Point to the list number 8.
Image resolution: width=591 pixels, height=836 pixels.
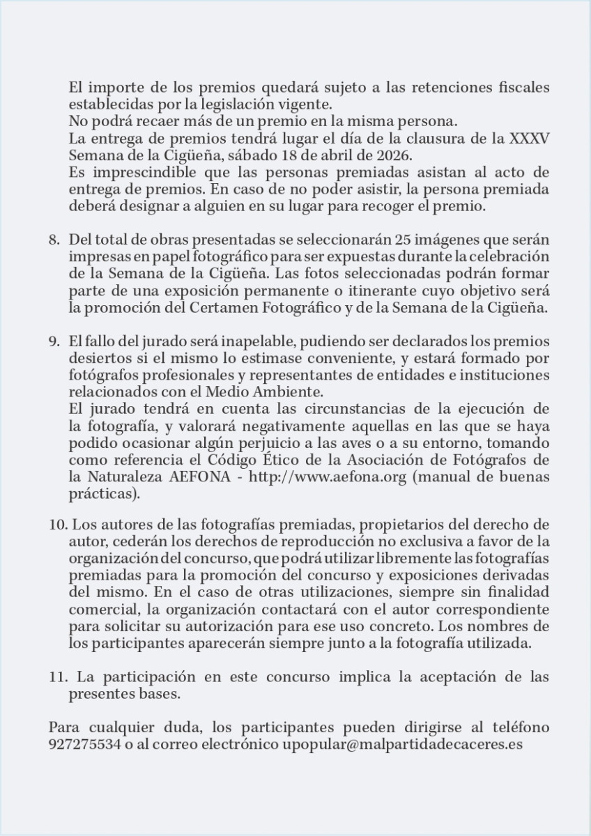click(x=54, y=240)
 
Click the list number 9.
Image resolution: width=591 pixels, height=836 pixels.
click(x=54, y=342)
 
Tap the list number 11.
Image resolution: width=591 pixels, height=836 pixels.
click(x=58, y=676)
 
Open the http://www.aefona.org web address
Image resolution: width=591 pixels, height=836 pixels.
click(x=326, y=477)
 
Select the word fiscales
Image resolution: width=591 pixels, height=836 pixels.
click(x=515, y=88)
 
